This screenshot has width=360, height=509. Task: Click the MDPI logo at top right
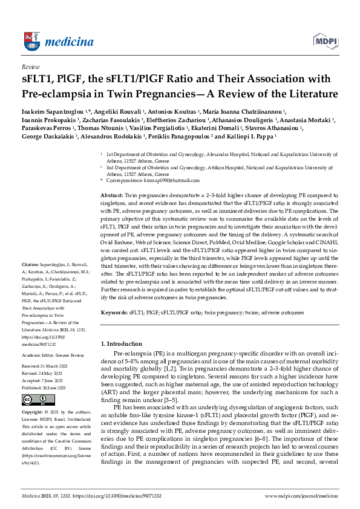point(325,41)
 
